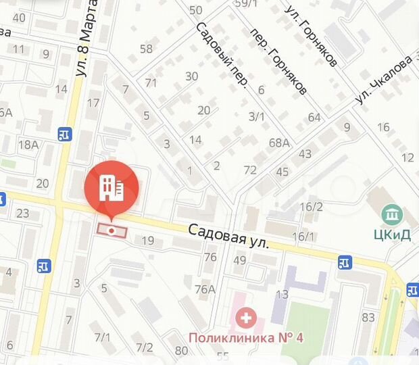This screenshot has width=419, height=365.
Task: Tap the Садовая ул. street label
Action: pos(229,237)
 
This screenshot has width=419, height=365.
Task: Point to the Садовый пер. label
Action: pos(222,57)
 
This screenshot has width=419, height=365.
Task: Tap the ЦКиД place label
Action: pos(391,235)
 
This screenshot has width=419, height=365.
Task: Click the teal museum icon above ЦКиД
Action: pos(391,216)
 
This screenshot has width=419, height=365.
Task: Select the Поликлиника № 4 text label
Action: pos(246,337)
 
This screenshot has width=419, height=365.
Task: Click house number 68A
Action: pos(278,143)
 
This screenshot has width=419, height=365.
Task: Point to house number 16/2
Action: pos(311,207)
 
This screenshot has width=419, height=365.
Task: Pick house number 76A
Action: pos(205,289)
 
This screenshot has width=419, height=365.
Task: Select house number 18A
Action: pos(28,144)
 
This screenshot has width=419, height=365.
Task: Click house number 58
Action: pos(146,49)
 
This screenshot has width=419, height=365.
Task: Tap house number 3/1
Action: pos(257,116)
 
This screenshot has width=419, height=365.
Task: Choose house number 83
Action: pos(368,317)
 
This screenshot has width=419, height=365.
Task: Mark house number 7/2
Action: pos(144,347)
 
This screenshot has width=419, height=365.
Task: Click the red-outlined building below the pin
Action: pos(112,230)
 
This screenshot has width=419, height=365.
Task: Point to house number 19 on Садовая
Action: pos(148,240)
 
